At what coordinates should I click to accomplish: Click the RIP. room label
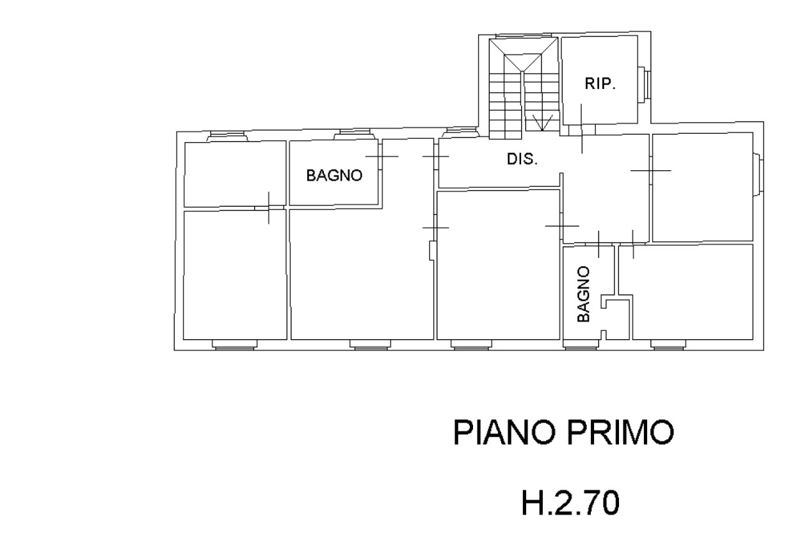(600, 84)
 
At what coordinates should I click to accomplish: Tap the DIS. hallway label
(522, 159)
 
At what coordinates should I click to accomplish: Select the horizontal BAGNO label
(334, 175)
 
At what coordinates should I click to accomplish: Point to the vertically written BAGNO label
(583, 294)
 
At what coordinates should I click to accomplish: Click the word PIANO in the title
(504, 432)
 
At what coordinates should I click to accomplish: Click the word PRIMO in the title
(620, 432)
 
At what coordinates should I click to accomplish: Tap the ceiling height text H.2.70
(570, 502)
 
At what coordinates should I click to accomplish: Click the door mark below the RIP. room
(582, 129)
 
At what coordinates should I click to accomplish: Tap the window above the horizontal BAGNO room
(355, 134)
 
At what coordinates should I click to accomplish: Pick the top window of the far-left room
(228, 136)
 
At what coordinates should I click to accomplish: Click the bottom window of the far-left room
(235, 345)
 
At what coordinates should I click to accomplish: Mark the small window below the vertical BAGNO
(581, 345)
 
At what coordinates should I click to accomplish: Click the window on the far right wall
(758, 175)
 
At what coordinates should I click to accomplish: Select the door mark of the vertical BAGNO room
(598, 244)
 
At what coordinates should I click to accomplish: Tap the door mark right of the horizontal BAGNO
(382, 156)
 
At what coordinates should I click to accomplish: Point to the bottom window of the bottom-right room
(668, 345)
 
